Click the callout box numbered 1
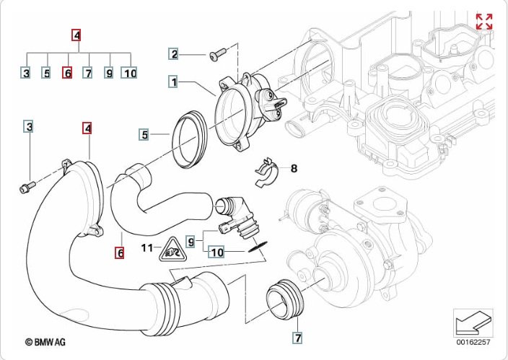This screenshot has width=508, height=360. tap(174, 82)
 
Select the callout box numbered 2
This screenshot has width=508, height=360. tap(174, 53)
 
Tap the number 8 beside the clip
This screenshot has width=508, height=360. tap(294, 168)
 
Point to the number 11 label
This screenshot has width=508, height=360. tap(146, 249)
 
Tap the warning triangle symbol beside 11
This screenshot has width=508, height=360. tap(171, 251)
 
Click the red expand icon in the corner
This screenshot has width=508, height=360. tap(483, 22)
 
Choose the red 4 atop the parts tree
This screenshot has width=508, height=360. tap(77, 34)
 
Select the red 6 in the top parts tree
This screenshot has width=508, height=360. tap(67, 73)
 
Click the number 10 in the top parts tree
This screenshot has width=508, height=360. tap(129, 73)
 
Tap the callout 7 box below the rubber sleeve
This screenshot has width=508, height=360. tap(297, 337)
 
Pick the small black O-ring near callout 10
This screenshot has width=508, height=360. tap(255, 245)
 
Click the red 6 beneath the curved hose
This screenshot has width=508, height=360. tap(120, 253)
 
